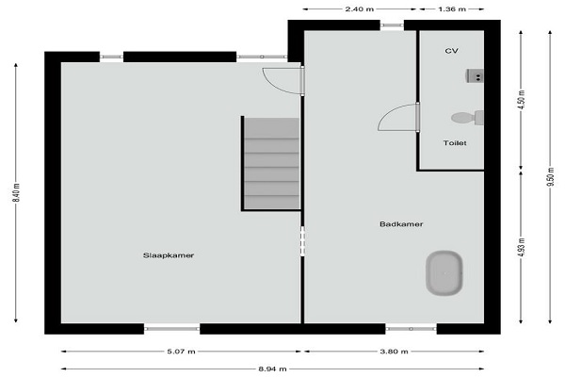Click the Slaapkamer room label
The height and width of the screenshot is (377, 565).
coord(169,255)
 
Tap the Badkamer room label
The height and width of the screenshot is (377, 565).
coord(401,224)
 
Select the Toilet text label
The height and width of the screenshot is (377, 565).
coord(455,143)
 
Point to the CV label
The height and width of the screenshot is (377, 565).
coord(451,51)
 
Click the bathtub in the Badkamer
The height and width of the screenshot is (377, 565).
coord(444,273)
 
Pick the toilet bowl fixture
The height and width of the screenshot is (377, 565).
coord(467,118)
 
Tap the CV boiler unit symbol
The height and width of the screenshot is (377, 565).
coord(475,76)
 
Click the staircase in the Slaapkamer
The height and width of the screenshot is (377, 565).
coord(271,163)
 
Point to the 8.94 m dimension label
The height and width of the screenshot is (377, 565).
coord(272,369)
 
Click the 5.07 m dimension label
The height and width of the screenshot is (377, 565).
coord(181,352)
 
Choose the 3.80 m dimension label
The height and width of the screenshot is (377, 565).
coord(395,352)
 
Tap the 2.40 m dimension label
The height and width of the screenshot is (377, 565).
coord(360,9)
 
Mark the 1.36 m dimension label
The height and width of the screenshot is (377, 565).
coord(452,9)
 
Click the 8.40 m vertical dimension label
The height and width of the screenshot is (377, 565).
coord(17,192)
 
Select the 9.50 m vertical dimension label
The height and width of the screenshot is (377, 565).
coord(550,177)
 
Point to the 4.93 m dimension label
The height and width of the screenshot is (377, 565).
coord(522,248)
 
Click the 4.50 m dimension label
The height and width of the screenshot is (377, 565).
coord(522,100)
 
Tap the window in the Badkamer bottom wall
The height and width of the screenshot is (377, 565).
coord(411,329)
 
